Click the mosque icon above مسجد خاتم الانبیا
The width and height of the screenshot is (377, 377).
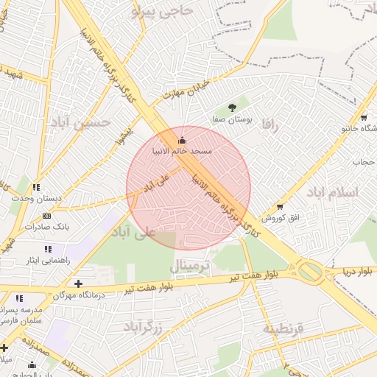(x=182, y=141)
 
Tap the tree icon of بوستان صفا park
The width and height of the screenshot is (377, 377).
(x=233, y=108)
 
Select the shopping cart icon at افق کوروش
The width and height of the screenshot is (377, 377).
(x=279, y=207)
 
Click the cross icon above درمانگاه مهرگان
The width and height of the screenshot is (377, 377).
(x=79, y=283)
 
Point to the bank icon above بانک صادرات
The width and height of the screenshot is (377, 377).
(x=47, y=216)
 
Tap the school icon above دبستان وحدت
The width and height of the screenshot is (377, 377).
(x=36, y=188)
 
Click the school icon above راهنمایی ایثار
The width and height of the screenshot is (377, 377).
(x=48, y=250)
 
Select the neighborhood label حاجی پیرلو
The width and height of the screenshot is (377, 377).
(x=162, y=11)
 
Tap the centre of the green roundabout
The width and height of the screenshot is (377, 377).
(x=310, y=272)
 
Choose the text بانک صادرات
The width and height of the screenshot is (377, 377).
(x=46, y=227)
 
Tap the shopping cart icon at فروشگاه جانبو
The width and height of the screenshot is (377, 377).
(x=364, y=117)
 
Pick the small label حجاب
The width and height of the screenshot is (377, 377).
(x=363, y=161)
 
